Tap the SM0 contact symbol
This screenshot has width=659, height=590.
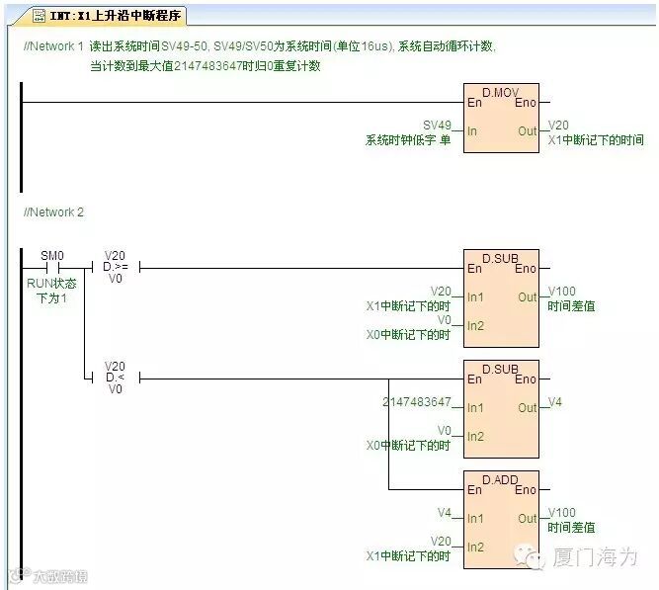tap(52, 268)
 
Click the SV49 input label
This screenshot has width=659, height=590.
tap(437, 126)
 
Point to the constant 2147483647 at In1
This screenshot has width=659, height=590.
tap(417, 402)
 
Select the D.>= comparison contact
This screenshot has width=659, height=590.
tap(116, 267)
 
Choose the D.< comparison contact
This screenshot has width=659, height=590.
tap(116, 378)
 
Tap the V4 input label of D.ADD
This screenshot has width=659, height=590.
tap(444, 512)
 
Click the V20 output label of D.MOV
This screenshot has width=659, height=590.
tap(559, 126)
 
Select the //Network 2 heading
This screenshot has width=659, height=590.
tap(53, 212)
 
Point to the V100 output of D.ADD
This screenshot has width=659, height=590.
tap(562, 512)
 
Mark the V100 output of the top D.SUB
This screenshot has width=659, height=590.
tap(562, 292)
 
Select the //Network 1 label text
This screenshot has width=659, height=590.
tap(53, 46)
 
